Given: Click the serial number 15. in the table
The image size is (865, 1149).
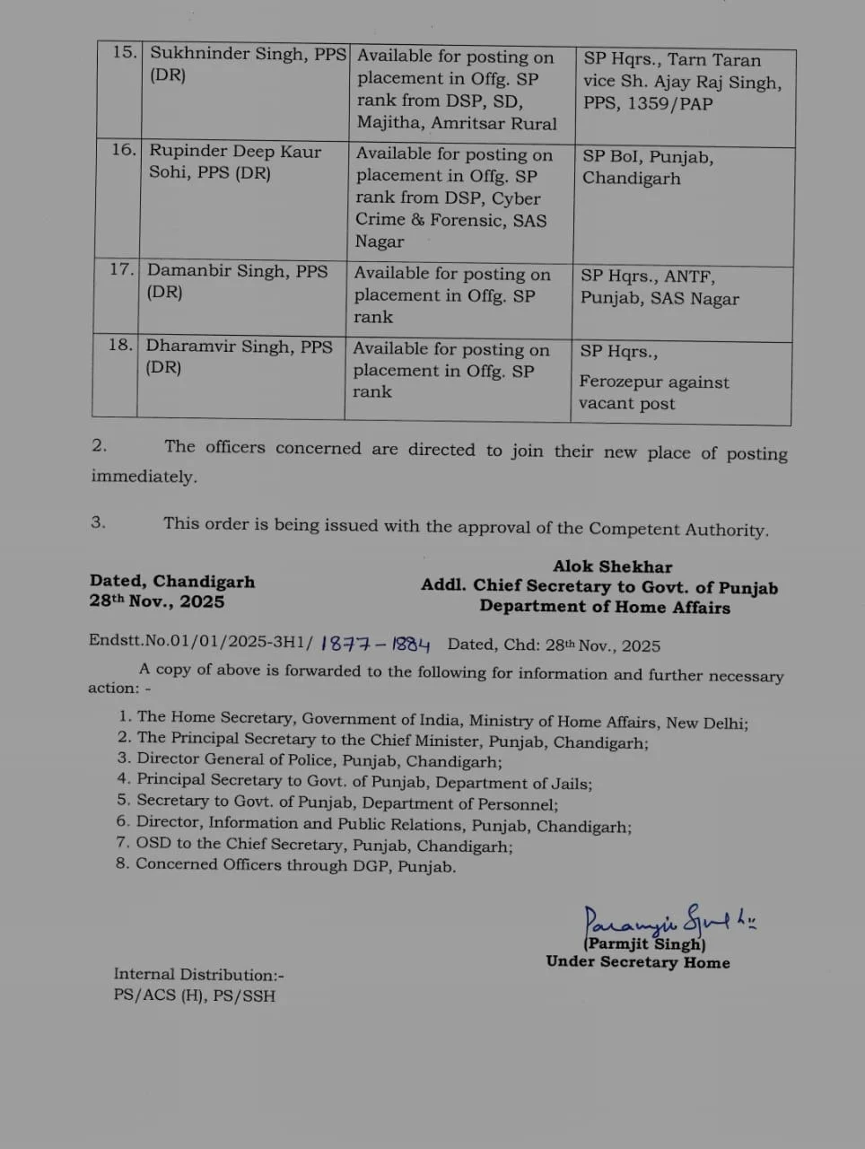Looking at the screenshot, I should [124, 52].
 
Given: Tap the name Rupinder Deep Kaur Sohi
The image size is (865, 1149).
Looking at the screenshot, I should [234, 162].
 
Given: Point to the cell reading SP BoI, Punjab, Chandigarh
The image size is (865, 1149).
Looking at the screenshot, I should [648, 167].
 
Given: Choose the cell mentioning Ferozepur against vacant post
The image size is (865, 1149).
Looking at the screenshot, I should [653, 392].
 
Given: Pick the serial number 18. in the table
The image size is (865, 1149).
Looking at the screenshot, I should [120, 345].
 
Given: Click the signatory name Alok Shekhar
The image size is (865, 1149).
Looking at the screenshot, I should [612, 566].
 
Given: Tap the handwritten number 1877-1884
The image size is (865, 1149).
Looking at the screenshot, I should [375, 644].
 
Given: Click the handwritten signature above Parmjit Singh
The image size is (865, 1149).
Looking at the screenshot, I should [668, 918].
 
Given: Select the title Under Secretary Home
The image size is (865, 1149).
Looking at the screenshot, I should [637, 962].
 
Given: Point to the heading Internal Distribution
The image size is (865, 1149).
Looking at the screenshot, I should [198, 974].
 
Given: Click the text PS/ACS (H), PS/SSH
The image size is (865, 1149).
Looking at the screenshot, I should [194, 996].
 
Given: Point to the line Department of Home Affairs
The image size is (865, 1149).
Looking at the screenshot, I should [604, 607].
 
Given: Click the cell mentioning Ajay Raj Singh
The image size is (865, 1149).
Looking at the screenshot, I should [682, 82].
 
